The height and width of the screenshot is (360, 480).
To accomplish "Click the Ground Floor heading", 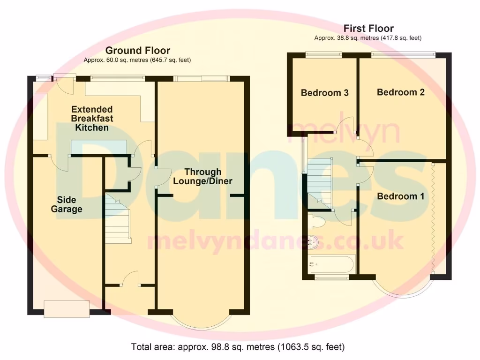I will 137,50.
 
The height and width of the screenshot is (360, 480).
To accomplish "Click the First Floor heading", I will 368,28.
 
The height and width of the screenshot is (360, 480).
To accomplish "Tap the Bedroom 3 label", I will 324,93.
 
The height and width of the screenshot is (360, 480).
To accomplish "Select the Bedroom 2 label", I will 401,92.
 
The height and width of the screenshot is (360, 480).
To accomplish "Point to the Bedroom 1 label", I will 401,196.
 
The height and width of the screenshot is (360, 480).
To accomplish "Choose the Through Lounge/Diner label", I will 202,176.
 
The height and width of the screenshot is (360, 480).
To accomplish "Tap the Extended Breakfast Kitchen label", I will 92,118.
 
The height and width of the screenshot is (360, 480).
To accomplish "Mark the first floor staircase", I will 320,180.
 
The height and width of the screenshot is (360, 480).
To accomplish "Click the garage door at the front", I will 66,308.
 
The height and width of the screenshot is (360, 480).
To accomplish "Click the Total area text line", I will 238,347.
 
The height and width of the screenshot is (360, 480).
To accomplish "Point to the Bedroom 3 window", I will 324,54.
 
